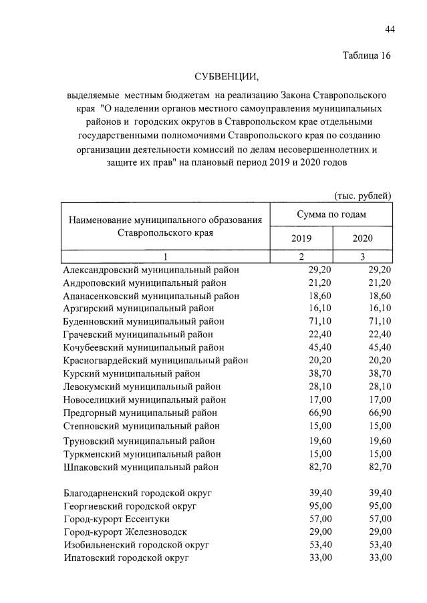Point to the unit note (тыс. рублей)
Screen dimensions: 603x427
(362, 195)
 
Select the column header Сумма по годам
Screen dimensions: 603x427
(331, 214)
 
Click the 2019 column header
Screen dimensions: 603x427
(301, 238)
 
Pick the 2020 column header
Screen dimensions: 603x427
(362, 238)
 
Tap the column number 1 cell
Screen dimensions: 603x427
(166, 256)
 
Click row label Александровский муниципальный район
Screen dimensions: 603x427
(151, 270)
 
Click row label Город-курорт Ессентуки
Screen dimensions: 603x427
(116, 519)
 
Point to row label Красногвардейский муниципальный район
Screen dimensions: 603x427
(156, 361)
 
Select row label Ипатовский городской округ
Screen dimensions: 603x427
(126, 558)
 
